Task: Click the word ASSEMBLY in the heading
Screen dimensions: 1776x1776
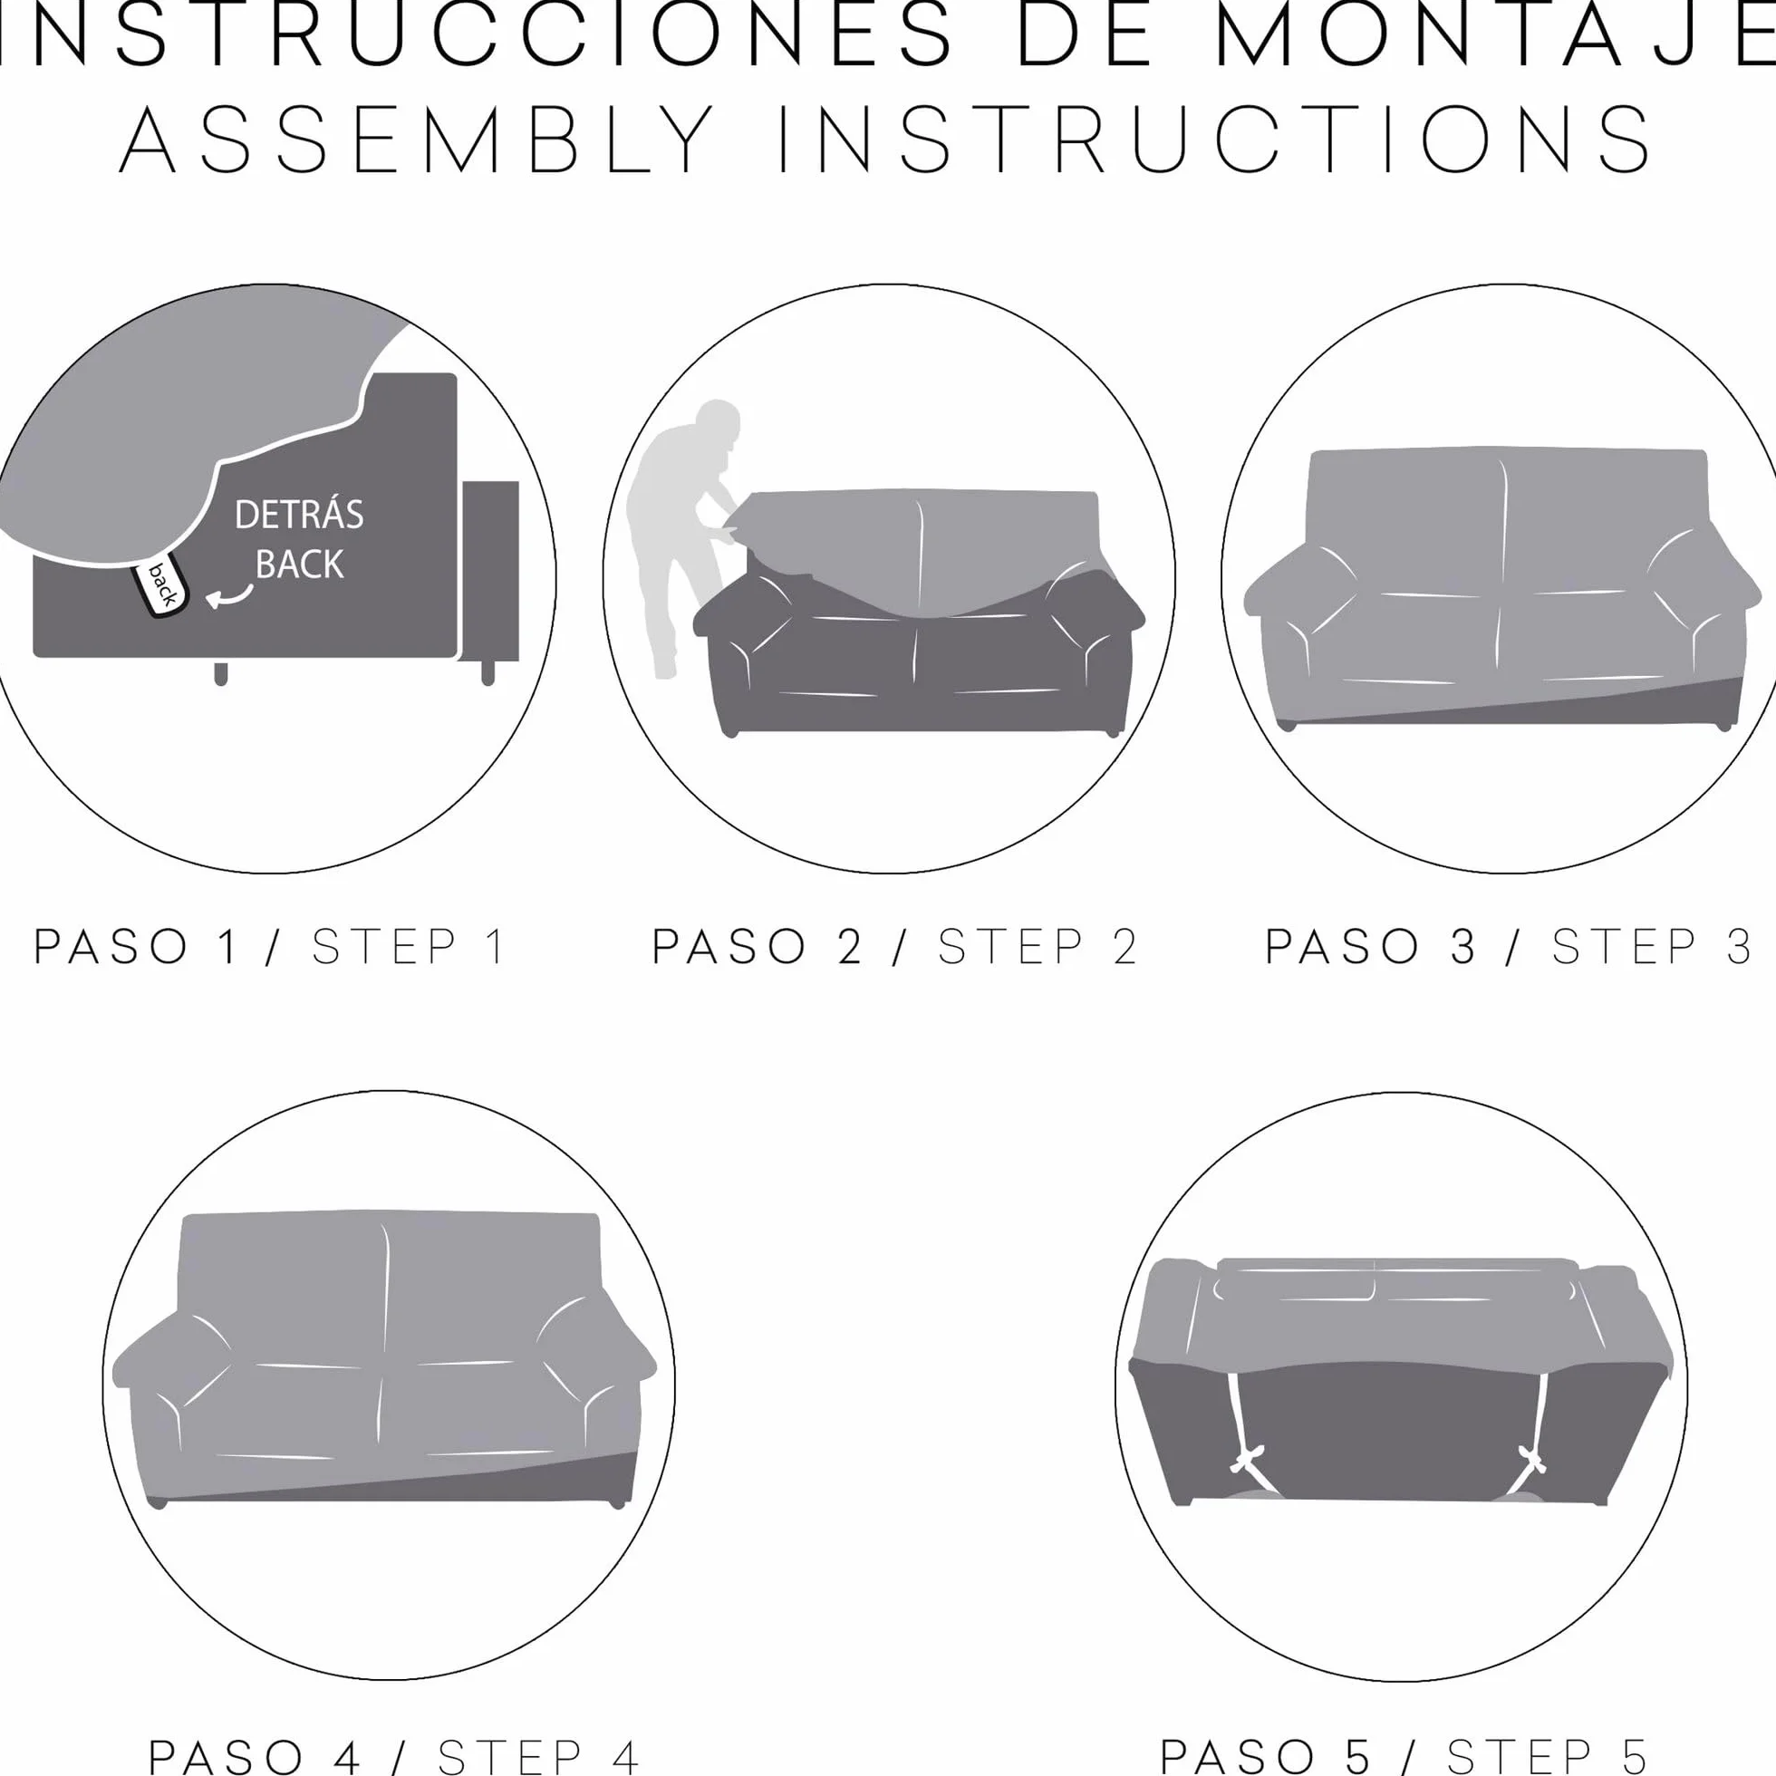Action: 419,140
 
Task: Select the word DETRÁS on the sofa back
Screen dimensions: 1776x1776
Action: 299,515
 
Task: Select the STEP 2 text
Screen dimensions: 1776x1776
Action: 1038,948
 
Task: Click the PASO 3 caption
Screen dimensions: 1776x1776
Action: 1370,948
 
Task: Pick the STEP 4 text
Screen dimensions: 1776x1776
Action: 537,1756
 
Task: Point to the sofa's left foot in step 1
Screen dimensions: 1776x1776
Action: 220,672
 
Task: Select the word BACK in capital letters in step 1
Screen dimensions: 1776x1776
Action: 299,564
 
